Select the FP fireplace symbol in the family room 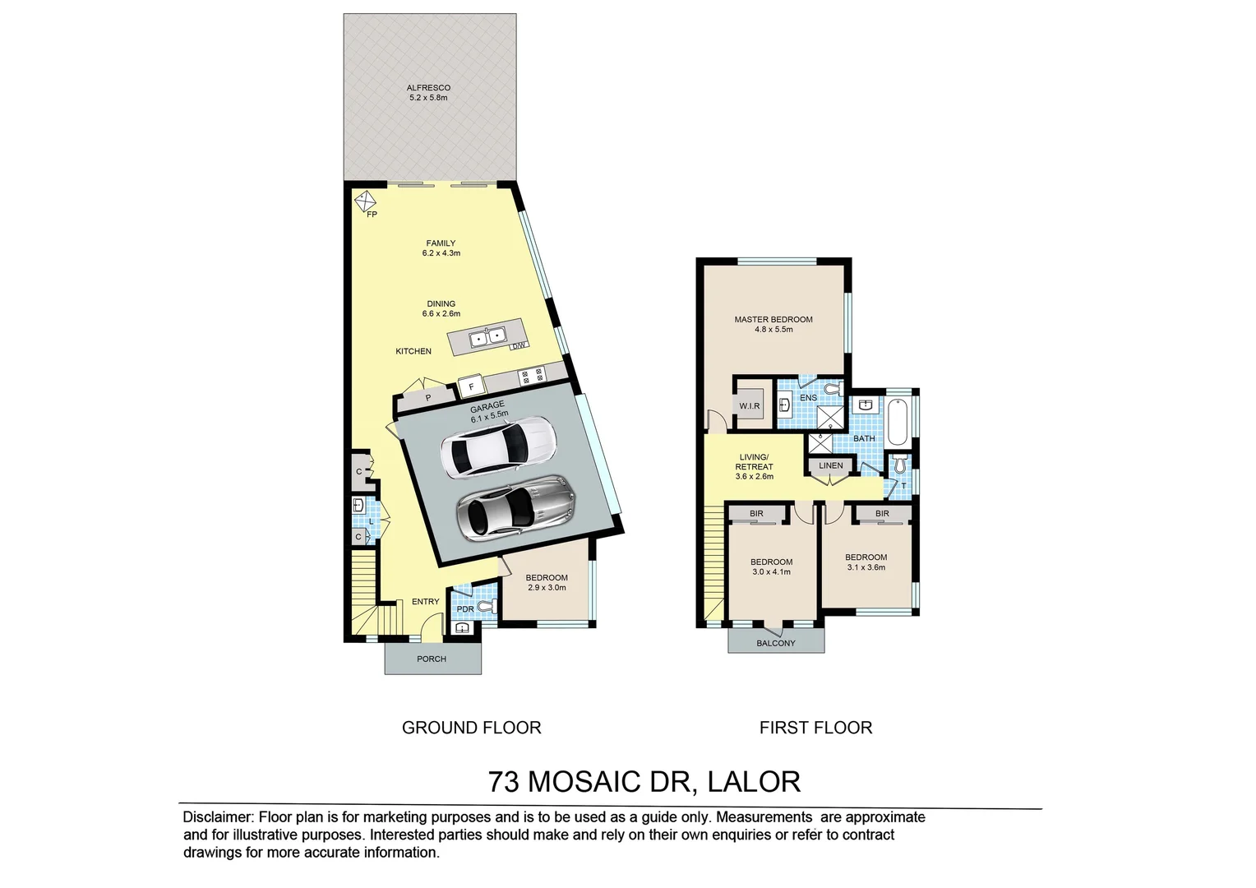click(x=364, y=201)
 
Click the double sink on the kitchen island click(x=487, y=336)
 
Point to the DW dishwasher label click(x=518, y=346)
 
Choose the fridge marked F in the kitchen click(x=472, y=385)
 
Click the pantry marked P click(x=427, y=399)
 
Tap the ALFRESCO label click(x=428, y=88)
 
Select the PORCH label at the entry click(x=432, y=659)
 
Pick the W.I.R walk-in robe click(x=749, y=406)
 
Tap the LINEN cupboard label click(x=830, y=465)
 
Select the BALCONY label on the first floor click(x=776, y=643)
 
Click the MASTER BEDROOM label click(x=773, y=319)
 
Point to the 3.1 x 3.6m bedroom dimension click(x=866, y=567)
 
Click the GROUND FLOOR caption click(x=471, y=728)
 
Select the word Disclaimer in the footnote click(x=218, y=817)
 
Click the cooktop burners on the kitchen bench click(x=531, y=376)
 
